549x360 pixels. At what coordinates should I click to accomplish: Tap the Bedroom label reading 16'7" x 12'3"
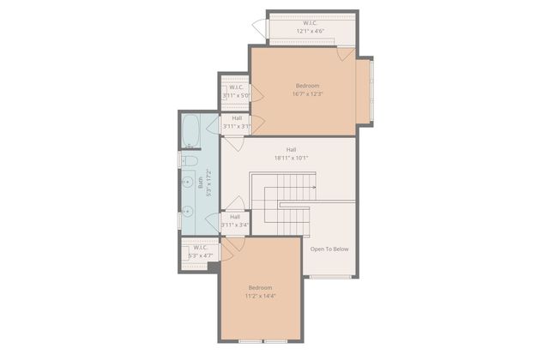tap(308, 91)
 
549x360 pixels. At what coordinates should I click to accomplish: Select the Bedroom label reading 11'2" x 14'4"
tap(260, 291)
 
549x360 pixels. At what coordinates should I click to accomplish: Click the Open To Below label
tap(329, 249)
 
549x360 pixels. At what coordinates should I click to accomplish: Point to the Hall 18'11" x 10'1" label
tap(291, 154)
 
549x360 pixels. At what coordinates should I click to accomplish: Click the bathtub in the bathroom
tap(190, 132)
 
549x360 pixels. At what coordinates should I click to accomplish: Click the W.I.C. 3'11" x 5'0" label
tap(235, 92)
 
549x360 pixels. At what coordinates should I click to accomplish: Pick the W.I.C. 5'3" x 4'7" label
tap(199, 251)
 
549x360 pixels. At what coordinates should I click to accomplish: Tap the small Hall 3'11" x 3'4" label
tap(234, 221)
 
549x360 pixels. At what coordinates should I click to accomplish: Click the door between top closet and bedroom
tap(344, 53)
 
